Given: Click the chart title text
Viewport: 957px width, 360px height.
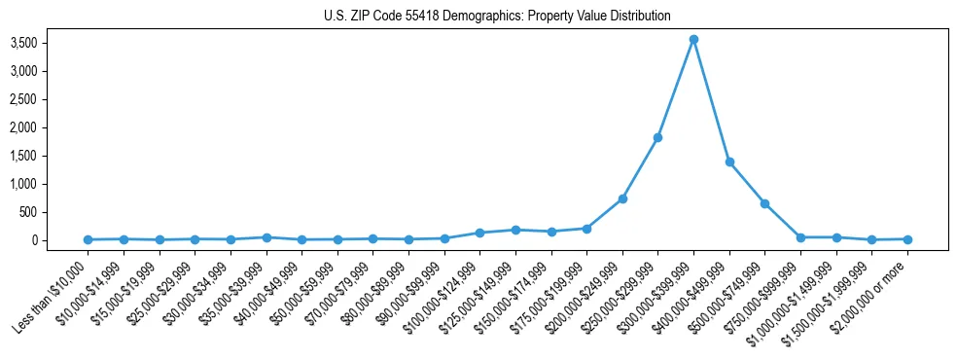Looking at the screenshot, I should pyautogui.click(x=497, y=17).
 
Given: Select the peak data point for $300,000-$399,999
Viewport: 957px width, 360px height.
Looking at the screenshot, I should pyautogui.click(x=693, y=39).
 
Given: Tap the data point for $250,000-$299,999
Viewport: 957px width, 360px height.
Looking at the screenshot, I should pyautogui.click(x=658, y=137).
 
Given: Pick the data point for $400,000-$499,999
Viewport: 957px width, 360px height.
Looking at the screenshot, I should pyautogui.click(x=729, y=162).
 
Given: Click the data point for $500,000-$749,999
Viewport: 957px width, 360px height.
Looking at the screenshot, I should pyautogui.click(x=765, y=203).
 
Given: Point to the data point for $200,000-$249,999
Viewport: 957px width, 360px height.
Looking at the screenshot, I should pyautogui.click(x=622, y=198).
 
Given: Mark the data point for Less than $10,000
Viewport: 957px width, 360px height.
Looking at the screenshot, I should pyautogui.click(x=89, y=239).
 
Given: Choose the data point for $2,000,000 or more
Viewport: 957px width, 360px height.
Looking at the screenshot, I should pyautogui.click(x=907, y=239).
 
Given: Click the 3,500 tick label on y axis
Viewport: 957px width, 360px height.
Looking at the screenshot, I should pyautogui.click(x=49, y=43).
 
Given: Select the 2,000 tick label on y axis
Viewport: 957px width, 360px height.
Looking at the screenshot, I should pyautogui.click(x=49, y=127).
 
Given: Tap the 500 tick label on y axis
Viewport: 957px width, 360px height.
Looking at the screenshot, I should pyautogui.click(x=55, y=212).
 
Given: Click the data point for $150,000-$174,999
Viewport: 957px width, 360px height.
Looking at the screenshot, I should pyautogui.click(x=551, y=232).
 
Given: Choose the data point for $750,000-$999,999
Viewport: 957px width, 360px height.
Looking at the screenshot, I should pyautogui.click(x=800, y=237).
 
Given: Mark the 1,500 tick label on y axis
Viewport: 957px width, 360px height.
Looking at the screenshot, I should pyautogui.click(x=49, y=156).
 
